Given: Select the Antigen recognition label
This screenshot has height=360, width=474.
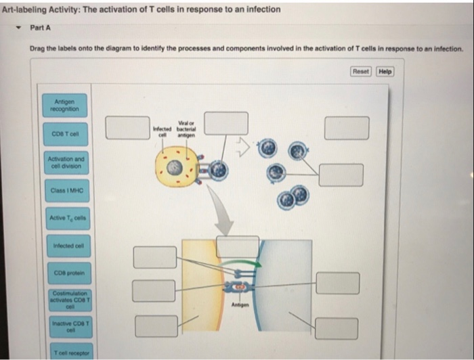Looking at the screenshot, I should pyautogui.click(x=64, y=106).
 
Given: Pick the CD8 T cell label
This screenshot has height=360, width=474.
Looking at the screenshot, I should pyautogui.click(x=64, y=134).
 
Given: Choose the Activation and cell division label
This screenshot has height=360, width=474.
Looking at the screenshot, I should pyautogui.click(x=64, y=162).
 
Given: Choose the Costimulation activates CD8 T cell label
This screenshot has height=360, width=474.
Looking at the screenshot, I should pyautogui.click(x=64, y=300).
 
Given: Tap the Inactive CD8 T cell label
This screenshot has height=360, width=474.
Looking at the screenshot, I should pyautogui.click(x=64, y=328).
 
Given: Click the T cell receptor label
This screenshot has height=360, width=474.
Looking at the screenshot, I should pyautogui.click(x=64, y=354).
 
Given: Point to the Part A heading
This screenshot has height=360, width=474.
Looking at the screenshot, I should pyautogui.click(x=40, y=28).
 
